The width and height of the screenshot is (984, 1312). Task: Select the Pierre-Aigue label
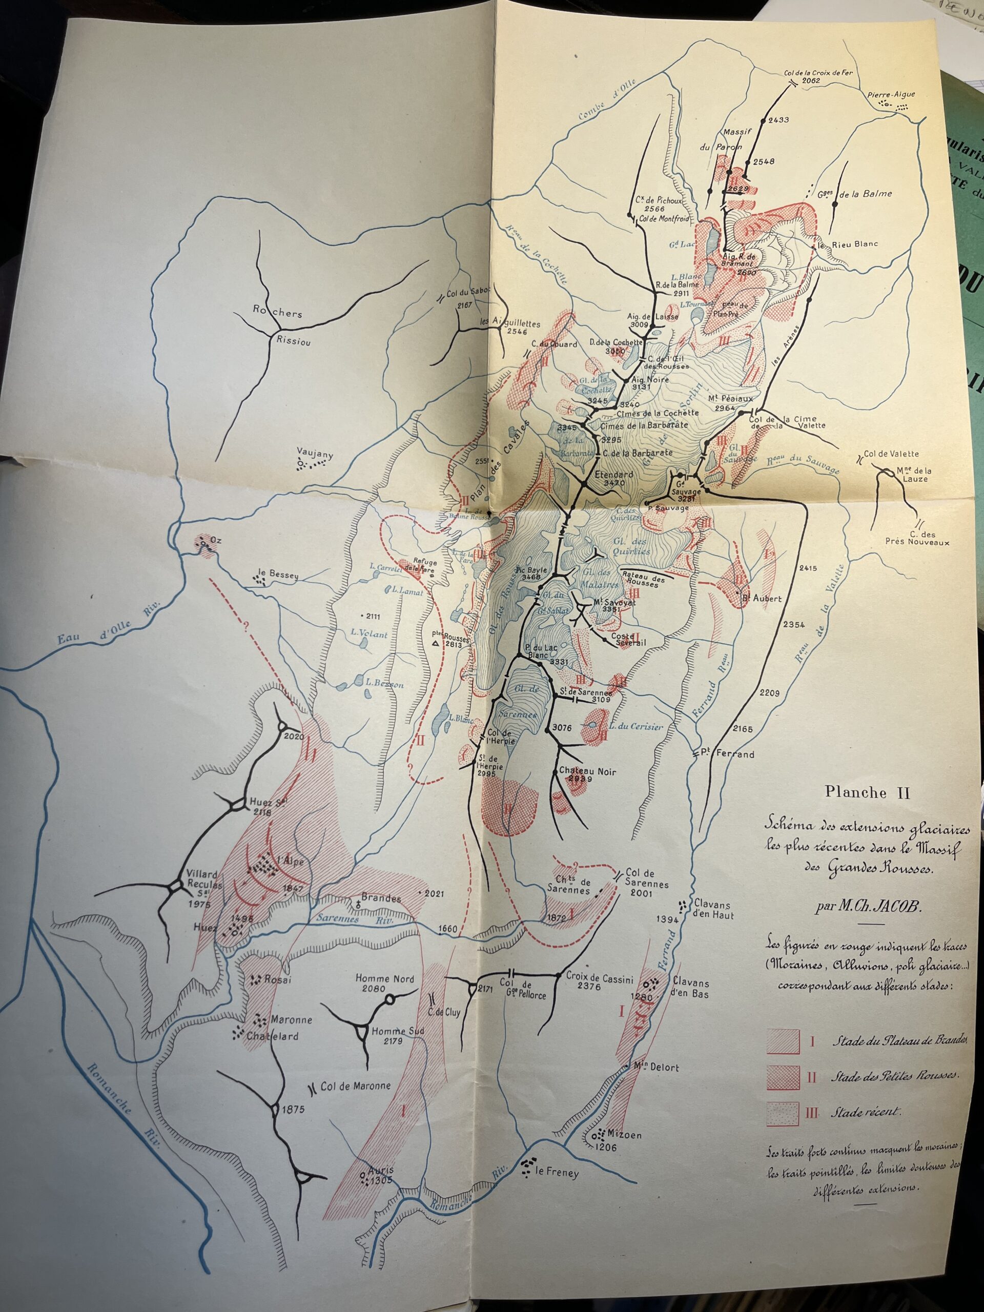coord(891,94)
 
